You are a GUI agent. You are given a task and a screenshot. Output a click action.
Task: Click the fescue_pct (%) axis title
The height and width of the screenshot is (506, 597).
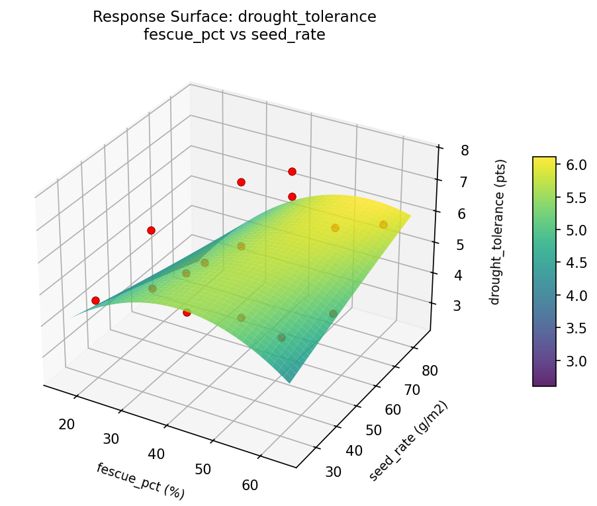pos(140,481)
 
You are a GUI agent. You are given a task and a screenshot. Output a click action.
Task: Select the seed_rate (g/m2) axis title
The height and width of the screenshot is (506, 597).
pos(408,442)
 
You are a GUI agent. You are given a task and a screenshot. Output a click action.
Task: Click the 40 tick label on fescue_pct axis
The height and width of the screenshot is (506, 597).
pos(158,454)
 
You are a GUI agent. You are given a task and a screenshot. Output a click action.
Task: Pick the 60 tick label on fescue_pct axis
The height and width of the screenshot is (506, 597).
pos(250,485)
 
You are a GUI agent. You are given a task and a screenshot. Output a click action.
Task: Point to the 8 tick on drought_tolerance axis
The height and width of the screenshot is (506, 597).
pos(465,150)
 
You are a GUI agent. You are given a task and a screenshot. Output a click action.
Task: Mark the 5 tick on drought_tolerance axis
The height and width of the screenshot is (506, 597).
pos(464,245)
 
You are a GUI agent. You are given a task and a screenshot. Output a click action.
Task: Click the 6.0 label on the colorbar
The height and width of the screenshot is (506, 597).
pos(576,165)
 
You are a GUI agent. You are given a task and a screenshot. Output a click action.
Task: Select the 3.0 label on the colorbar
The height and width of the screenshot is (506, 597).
pos(576,361)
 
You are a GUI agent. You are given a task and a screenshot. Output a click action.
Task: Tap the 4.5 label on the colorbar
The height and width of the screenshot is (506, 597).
pos(576,263)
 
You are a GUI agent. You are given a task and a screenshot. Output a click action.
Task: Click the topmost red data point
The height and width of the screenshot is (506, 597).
pos(292,172)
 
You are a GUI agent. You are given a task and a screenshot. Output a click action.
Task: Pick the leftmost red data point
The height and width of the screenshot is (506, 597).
pos(95,300)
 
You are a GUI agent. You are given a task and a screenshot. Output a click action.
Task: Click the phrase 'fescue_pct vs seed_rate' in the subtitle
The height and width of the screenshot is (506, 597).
pos(234,35)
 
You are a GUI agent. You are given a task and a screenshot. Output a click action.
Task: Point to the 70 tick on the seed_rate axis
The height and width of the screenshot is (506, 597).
pos(412,390)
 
